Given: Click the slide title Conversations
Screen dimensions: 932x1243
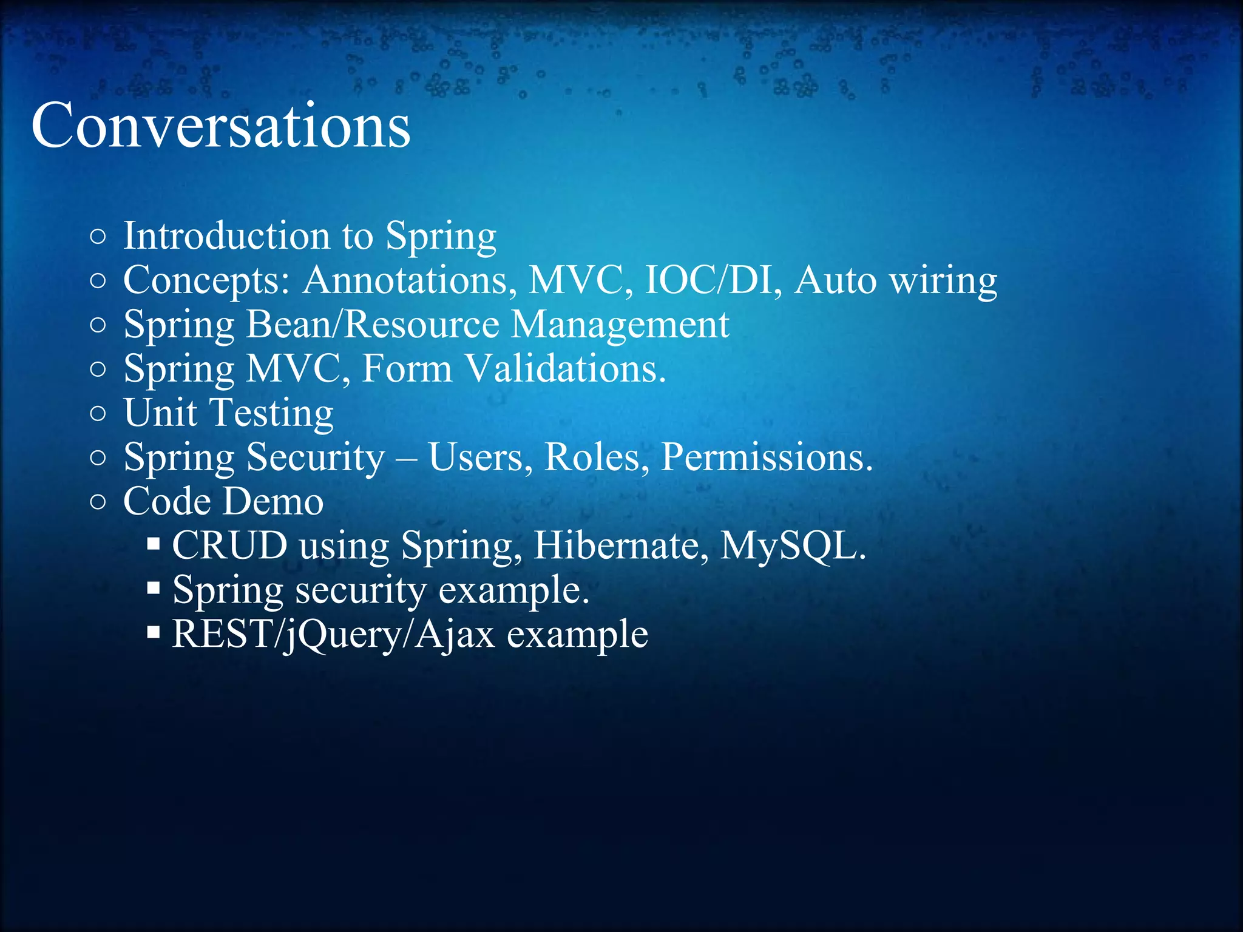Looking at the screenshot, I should click(220, 126).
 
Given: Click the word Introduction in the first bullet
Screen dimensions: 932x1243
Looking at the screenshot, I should click(225, 235).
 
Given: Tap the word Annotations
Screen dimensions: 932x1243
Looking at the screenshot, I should click(405, 280).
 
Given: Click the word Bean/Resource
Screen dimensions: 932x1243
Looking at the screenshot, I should click(372, 324).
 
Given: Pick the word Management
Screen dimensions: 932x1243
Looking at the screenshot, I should click(620, 325).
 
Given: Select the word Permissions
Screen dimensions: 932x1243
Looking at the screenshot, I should click(766, 457).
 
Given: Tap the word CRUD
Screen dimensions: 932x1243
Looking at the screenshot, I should click(229, 545).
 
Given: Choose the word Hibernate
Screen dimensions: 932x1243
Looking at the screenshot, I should click(620, 545).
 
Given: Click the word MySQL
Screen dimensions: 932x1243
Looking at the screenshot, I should click(791, 547).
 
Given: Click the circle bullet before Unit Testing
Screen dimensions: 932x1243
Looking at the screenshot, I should click(98, 414).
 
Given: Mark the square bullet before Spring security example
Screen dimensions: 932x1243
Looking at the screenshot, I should click(154, 588).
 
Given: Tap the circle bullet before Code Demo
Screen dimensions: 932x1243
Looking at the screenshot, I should click(98, 502).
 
